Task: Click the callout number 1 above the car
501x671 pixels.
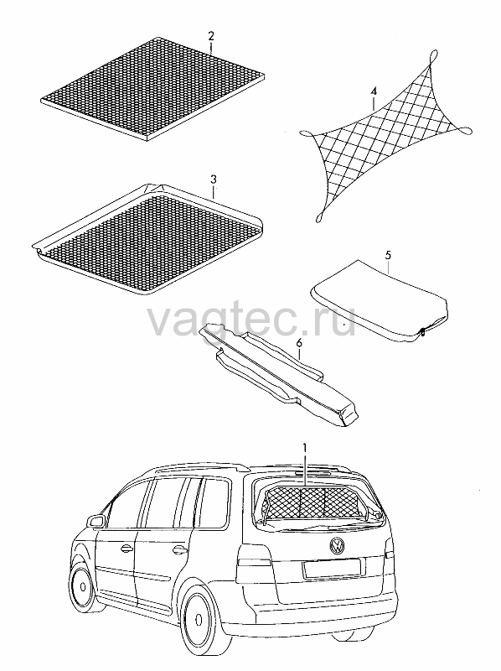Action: coord(305,448)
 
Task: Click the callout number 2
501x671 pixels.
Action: coord(211,35)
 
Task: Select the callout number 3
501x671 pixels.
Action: coord(214,179)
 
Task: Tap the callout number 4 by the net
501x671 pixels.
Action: coord(374,91)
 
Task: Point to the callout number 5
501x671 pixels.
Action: coord(388,256)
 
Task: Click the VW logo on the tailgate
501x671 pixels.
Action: coord(338,545)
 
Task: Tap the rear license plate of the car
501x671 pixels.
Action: coord(331,569)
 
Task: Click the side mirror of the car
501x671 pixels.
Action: coord(96,521)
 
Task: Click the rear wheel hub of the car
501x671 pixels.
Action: coord(199,620)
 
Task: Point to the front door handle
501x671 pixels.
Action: coord(127,548)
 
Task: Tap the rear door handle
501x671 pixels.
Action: coord(179,549)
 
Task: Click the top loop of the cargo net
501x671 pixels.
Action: coord(432,56)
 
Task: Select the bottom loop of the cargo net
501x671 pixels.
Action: coord(321,217)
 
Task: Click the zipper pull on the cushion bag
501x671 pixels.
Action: coord(422,331)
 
